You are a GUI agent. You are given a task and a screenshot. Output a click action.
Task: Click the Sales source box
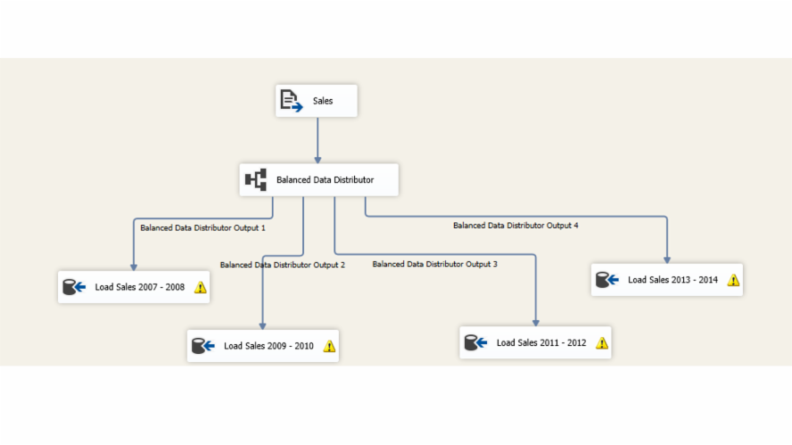[x=317, y=101]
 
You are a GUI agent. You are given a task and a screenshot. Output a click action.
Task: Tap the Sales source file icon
[x=291, y=101]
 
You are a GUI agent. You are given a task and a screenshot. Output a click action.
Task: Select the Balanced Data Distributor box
[x=318, y=180]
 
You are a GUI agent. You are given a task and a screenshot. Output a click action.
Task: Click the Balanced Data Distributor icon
[x=256, y=180]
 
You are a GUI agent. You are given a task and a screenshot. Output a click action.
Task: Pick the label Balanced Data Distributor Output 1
[x=202, y=227]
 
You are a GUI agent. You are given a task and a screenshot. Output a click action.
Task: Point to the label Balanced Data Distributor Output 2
[x=282, y=265]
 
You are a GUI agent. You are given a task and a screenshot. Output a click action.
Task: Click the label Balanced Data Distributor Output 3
[x=434, y=264]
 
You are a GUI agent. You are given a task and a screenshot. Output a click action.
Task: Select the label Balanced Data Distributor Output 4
[x=516, y=226]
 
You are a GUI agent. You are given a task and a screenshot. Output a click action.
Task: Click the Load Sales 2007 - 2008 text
[x=140, y=287]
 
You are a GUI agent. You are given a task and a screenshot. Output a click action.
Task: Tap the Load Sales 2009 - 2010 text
[x=268, y=346]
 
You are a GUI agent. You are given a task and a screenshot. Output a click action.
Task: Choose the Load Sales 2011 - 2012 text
[x=541, y=342]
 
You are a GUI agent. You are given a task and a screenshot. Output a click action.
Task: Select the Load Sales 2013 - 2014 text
[x=672, y=280]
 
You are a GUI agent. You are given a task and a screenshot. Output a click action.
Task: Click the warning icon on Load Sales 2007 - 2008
[x=200, y=287]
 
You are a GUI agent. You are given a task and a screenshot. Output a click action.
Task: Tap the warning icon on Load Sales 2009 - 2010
[x=329, y=346]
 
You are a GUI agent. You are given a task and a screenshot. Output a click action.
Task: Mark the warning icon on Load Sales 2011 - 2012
[x=602, y=342]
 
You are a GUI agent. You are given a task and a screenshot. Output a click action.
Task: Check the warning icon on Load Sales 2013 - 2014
[x=733, y=280]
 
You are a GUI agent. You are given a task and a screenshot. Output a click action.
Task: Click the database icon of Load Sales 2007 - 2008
[x=73, y=287]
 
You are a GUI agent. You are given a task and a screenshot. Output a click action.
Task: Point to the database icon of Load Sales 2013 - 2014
[x=606, y=280]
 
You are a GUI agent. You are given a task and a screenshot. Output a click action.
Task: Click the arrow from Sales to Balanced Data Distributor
[x=318, y=139]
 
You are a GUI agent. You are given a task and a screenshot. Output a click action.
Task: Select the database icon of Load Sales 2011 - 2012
[x=474, y=342]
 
